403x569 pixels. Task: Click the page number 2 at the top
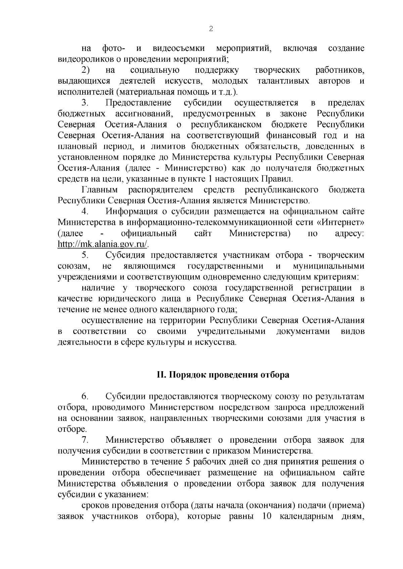point(211,29)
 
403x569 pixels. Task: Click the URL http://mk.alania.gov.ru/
point(103,244)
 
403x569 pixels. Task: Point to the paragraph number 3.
point(85,103)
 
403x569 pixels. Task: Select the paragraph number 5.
point(85,255)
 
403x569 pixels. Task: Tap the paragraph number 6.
point(85,397)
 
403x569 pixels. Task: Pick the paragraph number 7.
point(85,440)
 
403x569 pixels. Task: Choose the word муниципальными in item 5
point(328,266)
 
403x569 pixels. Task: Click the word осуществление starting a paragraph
point(113,321)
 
